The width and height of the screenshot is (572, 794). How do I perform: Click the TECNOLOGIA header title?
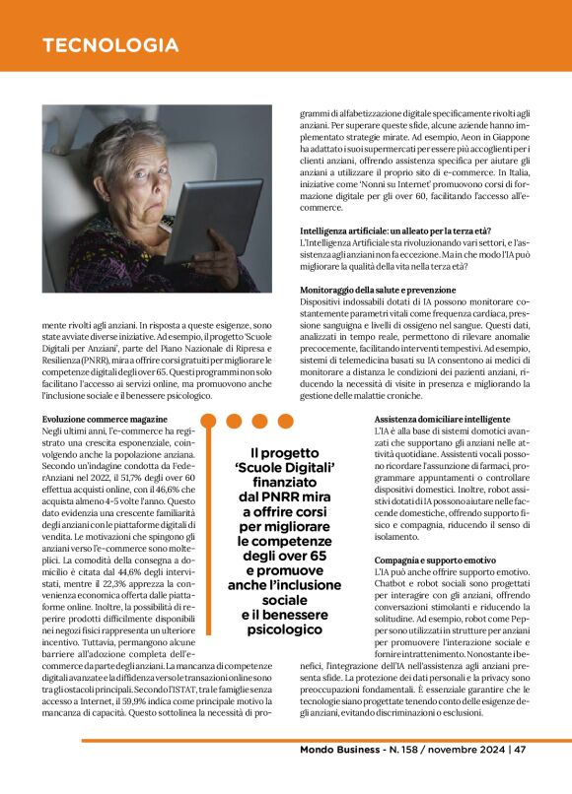point(110,45)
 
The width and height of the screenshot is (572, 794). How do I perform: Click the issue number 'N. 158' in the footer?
point(404,750)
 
